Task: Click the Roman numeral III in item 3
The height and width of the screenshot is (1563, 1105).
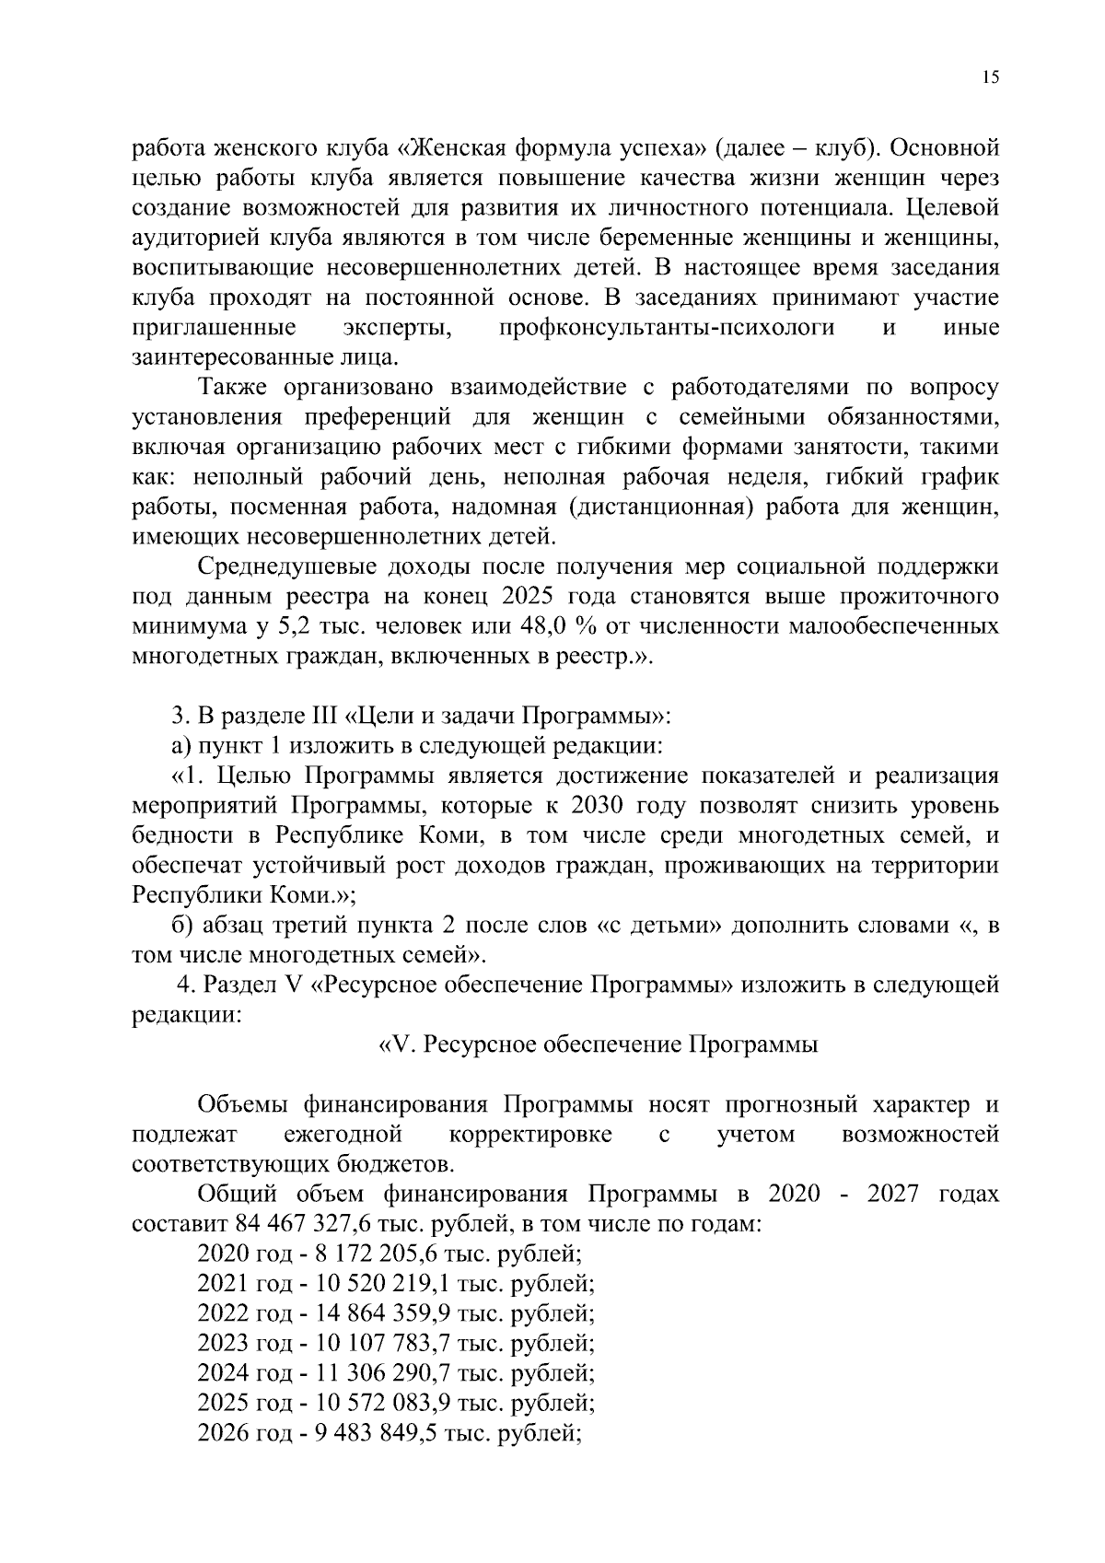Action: coord(316,716)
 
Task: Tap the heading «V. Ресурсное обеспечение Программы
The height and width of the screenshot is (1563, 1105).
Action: coord(599,1045)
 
